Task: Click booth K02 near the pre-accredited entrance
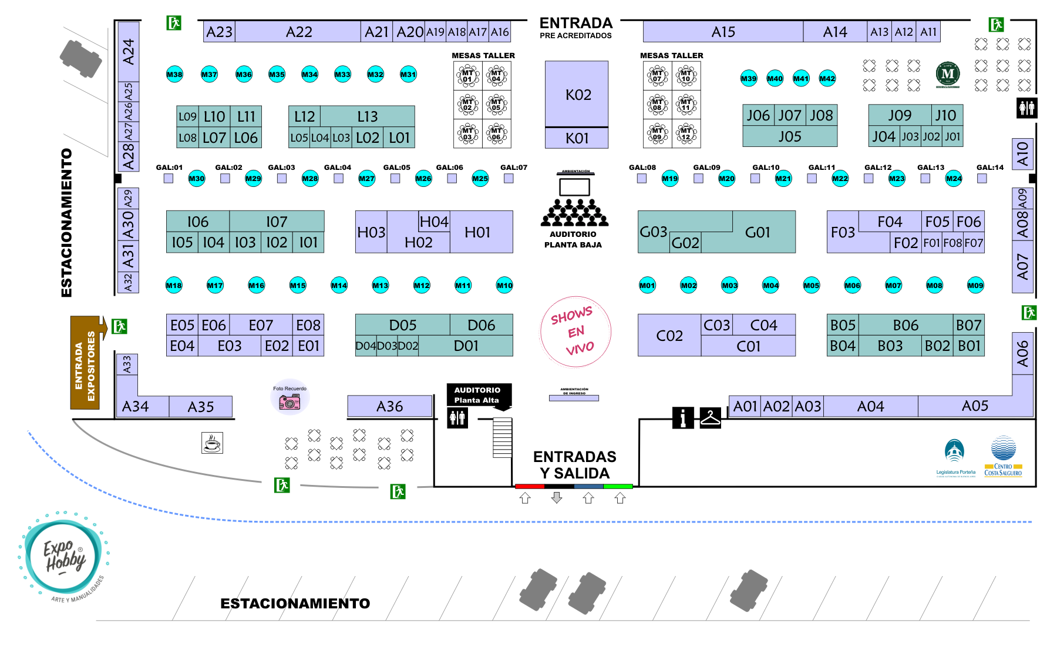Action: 577,94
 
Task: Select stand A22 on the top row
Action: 298,32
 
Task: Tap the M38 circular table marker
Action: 174,75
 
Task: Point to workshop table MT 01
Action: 468,76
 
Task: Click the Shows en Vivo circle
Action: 575,332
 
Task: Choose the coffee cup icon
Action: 212,443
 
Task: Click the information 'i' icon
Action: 682,418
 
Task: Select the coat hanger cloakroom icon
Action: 710,418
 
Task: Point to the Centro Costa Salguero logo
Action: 1003,456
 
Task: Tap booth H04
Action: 434,222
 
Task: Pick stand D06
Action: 481,325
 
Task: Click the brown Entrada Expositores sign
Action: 85,362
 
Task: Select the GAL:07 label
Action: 513,168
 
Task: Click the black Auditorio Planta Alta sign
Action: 478,395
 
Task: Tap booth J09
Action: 899,115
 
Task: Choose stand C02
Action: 669,336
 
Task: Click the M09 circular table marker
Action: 975,286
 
